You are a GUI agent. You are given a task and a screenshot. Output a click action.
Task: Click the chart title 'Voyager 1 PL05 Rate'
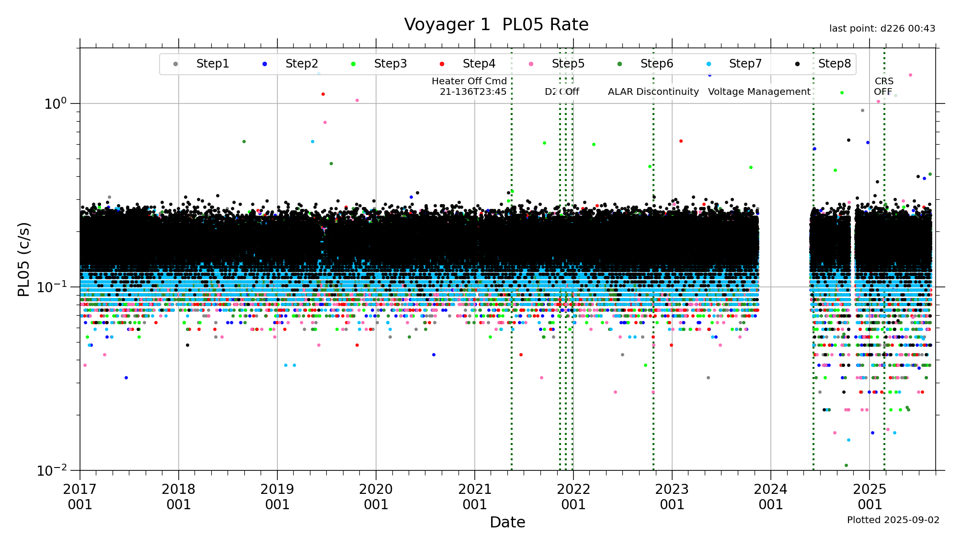click(496, 24)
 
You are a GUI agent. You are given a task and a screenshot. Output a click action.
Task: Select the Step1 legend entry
click(212, 64)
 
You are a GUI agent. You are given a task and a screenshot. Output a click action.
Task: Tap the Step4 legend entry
click(479, 64)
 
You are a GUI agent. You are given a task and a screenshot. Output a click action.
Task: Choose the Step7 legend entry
click(745, 64)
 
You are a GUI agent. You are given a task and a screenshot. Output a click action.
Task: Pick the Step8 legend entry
click(834, 64)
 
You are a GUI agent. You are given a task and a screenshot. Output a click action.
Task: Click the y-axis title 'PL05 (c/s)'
click(24, 259)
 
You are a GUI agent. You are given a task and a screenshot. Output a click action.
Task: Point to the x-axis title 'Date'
click(507, 522)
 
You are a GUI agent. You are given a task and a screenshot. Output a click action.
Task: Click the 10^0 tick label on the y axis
click(55, 104)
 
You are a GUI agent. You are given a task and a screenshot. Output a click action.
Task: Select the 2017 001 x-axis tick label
click(80, 497)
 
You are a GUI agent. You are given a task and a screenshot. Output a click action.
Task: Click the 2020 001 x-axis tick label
click(376, 497)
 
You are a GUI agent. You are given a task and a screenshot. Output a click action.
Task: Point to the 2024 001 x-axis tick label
click(771, 497)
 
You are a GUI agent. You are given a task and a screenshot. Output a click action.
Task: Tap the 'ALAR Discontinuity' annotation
click(653, 91)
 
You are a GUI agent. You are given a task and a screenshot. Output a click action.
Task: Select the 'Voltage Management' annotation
click(759, 91)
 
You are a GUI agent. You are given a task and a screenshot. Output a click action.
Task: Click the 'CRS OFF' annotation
click(883, 86)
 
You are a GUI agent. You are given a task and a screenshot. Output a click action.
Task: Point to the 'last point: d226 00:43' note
click(882, 29)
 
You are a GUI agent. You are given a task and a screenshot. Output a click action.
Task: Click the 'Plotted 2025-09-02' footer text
click(893, 520)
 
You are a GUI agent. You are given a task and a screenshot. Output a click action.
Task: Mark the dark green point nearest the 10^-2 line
click(846, 465)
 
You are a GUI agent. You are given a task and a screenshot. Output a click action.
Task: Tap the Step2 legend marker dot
click(264, 64)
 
